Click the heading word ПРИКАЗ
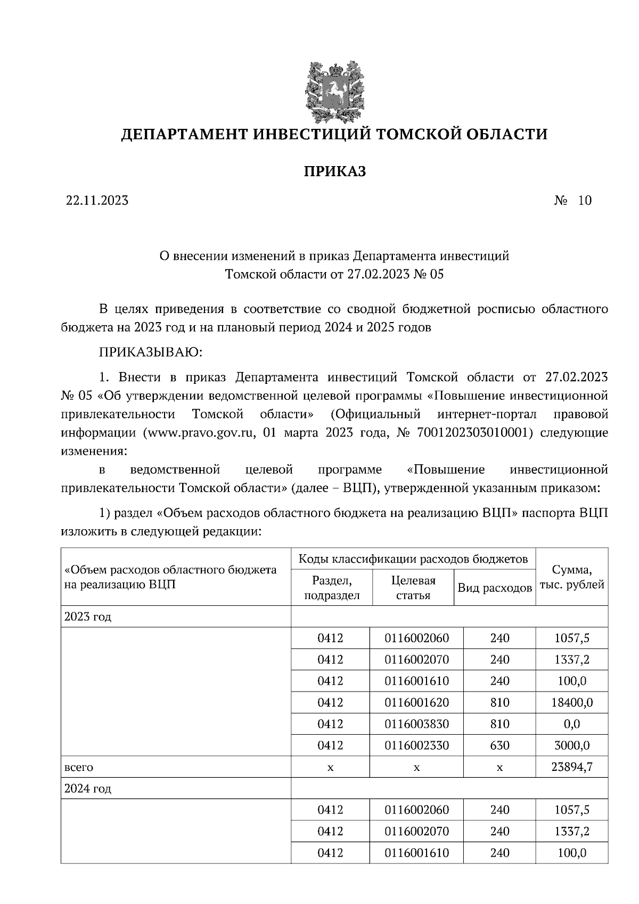pyautogui.click(x=334, y=172)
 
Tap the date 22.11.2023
pyautogui.click(x=97, y=201)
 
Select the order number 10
pyautogui.click(x=584, y=201)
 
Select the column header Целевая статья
pyautogui.click(x=413, y=588)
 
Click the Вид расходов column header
pyautogui.click(x=495, y=588)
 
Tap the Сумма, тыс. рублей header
pyautogui.click(x=572, y=577)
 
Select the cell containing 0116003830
pyautogui.click(x=416, y=724)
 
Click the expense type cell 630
pyautogui.click(x=499, y=745)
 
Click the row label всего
pyautogui.click(x=78, y=767)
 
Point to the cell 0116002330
pyautogui.click(x=416, y=745)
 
